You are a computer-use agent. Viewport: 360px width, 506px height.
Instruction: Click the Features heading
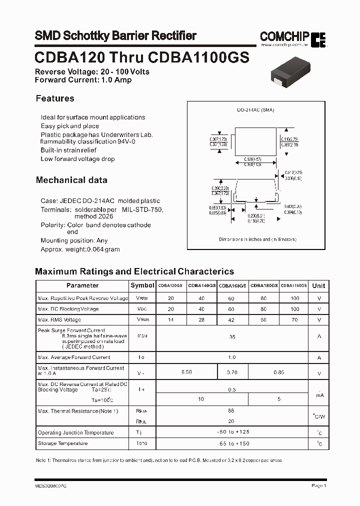click(55, 98)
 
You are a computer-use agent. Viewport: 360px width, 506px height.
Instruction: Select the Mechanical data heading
click(71, 180)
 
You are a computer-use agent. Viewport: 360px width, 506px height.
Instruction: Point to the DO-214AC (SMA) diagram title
click(255, 110)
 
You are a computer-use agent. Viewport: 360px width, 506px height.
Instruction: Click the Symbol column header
click(142, 285)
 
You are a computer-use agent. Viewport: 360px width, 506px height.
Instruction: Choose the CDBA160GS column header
click(232, 285)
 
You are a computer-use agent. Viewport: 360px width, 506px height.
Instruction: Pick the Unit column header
click(318, 285)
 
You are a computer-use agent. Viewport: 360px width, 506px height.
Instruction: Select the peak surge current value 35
click(232, 337)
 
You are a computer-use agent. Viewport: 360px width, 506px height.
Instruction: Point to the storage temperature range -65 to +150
click(232, 443)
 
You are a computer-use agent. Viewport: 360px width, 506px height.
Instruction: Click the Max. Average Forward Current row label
click(74, 357)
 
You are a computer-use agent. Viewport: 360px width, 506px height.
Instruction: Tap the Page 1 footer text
click(318, 485)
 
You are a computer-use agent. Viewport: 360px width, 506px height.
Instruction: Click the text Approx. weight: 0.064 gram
click(80, 249)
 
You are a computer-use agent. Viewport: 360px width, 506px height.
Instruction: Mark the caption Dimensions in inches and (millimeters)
click(257, 239)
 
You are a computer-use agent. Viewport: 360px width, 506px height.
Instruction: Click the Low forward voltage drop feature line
click(78, 159)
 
